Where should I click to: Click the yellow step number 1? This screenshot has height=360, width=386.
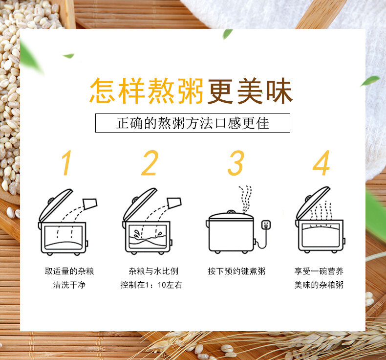[67, 163]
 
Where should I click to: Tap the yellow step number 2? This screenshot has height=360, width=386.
[150, 163]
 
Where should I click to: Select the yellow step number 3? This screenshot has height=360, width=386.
[236, 163]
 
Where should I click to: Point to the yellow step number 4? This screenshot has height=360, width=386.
[321, 163]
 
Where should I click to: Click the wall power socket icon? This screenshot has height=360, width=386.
[266, 225]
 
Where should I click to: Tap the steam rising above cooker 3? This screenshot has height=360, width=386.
[245, 199]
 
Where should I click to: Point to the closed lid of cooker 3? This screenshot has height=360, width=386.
[231, 216]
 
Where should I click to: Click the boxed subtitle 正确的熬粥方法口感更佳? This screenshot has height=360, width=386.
[193, 123]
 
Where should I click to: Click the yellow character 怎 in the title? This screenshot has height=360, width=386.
[103, 90]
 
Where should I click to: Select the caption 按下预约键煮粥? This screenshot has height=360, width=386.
[236, 271]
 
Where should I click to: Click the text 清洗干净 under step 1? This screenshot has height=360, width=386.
[69, 285]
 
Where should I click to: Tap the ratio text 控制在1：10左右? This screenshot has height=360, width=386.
[151, 285]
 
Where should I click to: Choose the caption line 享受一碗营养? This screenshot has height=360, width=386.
[319, 271]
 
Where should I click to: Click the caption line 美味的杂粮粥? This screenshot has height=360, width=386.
[319, 285]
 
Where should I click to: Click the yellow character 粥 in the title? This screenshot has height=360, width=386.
[191, 90]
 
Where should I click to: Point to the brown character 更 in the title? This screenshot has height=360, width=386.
[220, 90]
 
